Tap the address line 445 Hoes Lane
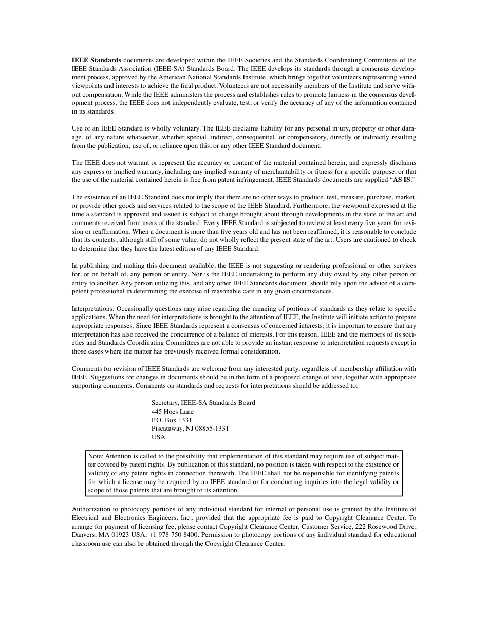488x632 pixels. [x=173, y=412]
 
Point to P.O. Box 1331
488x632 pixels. [x=172, y=420]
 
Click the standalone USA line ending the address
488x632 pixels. [x=158, y=437]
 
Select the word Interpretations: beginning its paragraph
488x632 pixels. [x=93, y=309]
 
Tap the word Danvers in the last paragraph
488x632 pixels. [x=84, y=535]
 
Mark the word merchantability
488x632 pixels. [x=288, y=172]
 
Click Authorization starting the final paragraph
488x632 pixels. [x=90, y=509]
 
